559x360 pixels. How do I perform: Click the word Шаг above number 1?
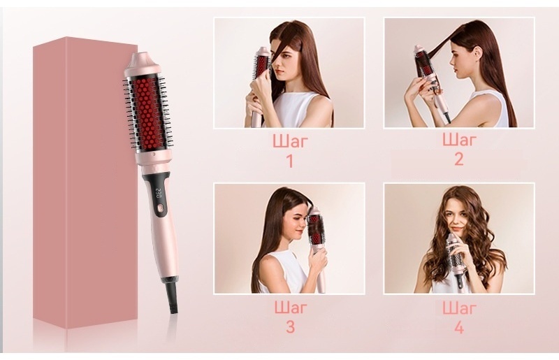(x=290, y=142)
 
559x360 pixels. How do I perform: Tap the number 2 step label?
(x=459, y=159)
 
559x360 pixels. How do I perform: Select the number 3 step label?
(x=290, y=326)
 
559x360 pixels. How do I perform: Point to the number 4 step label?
(x=459, y=326)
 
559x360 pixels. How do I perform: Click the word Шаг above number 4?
(x=459, y=308)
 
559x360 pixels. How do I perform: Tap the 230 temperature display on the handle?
(x=158, y=193)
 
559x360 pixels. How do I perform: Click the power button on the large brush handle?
(x=160, y=208)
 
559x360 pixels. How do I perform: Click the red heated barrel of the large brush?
(x=147, y=113)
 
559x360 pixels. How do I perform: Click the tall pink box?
(x=85, y=182)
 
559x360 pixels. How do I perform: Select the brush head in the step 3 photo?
(x=315, y=226)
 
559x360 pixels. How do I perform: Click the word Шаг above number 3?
(x=290, y=308)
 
